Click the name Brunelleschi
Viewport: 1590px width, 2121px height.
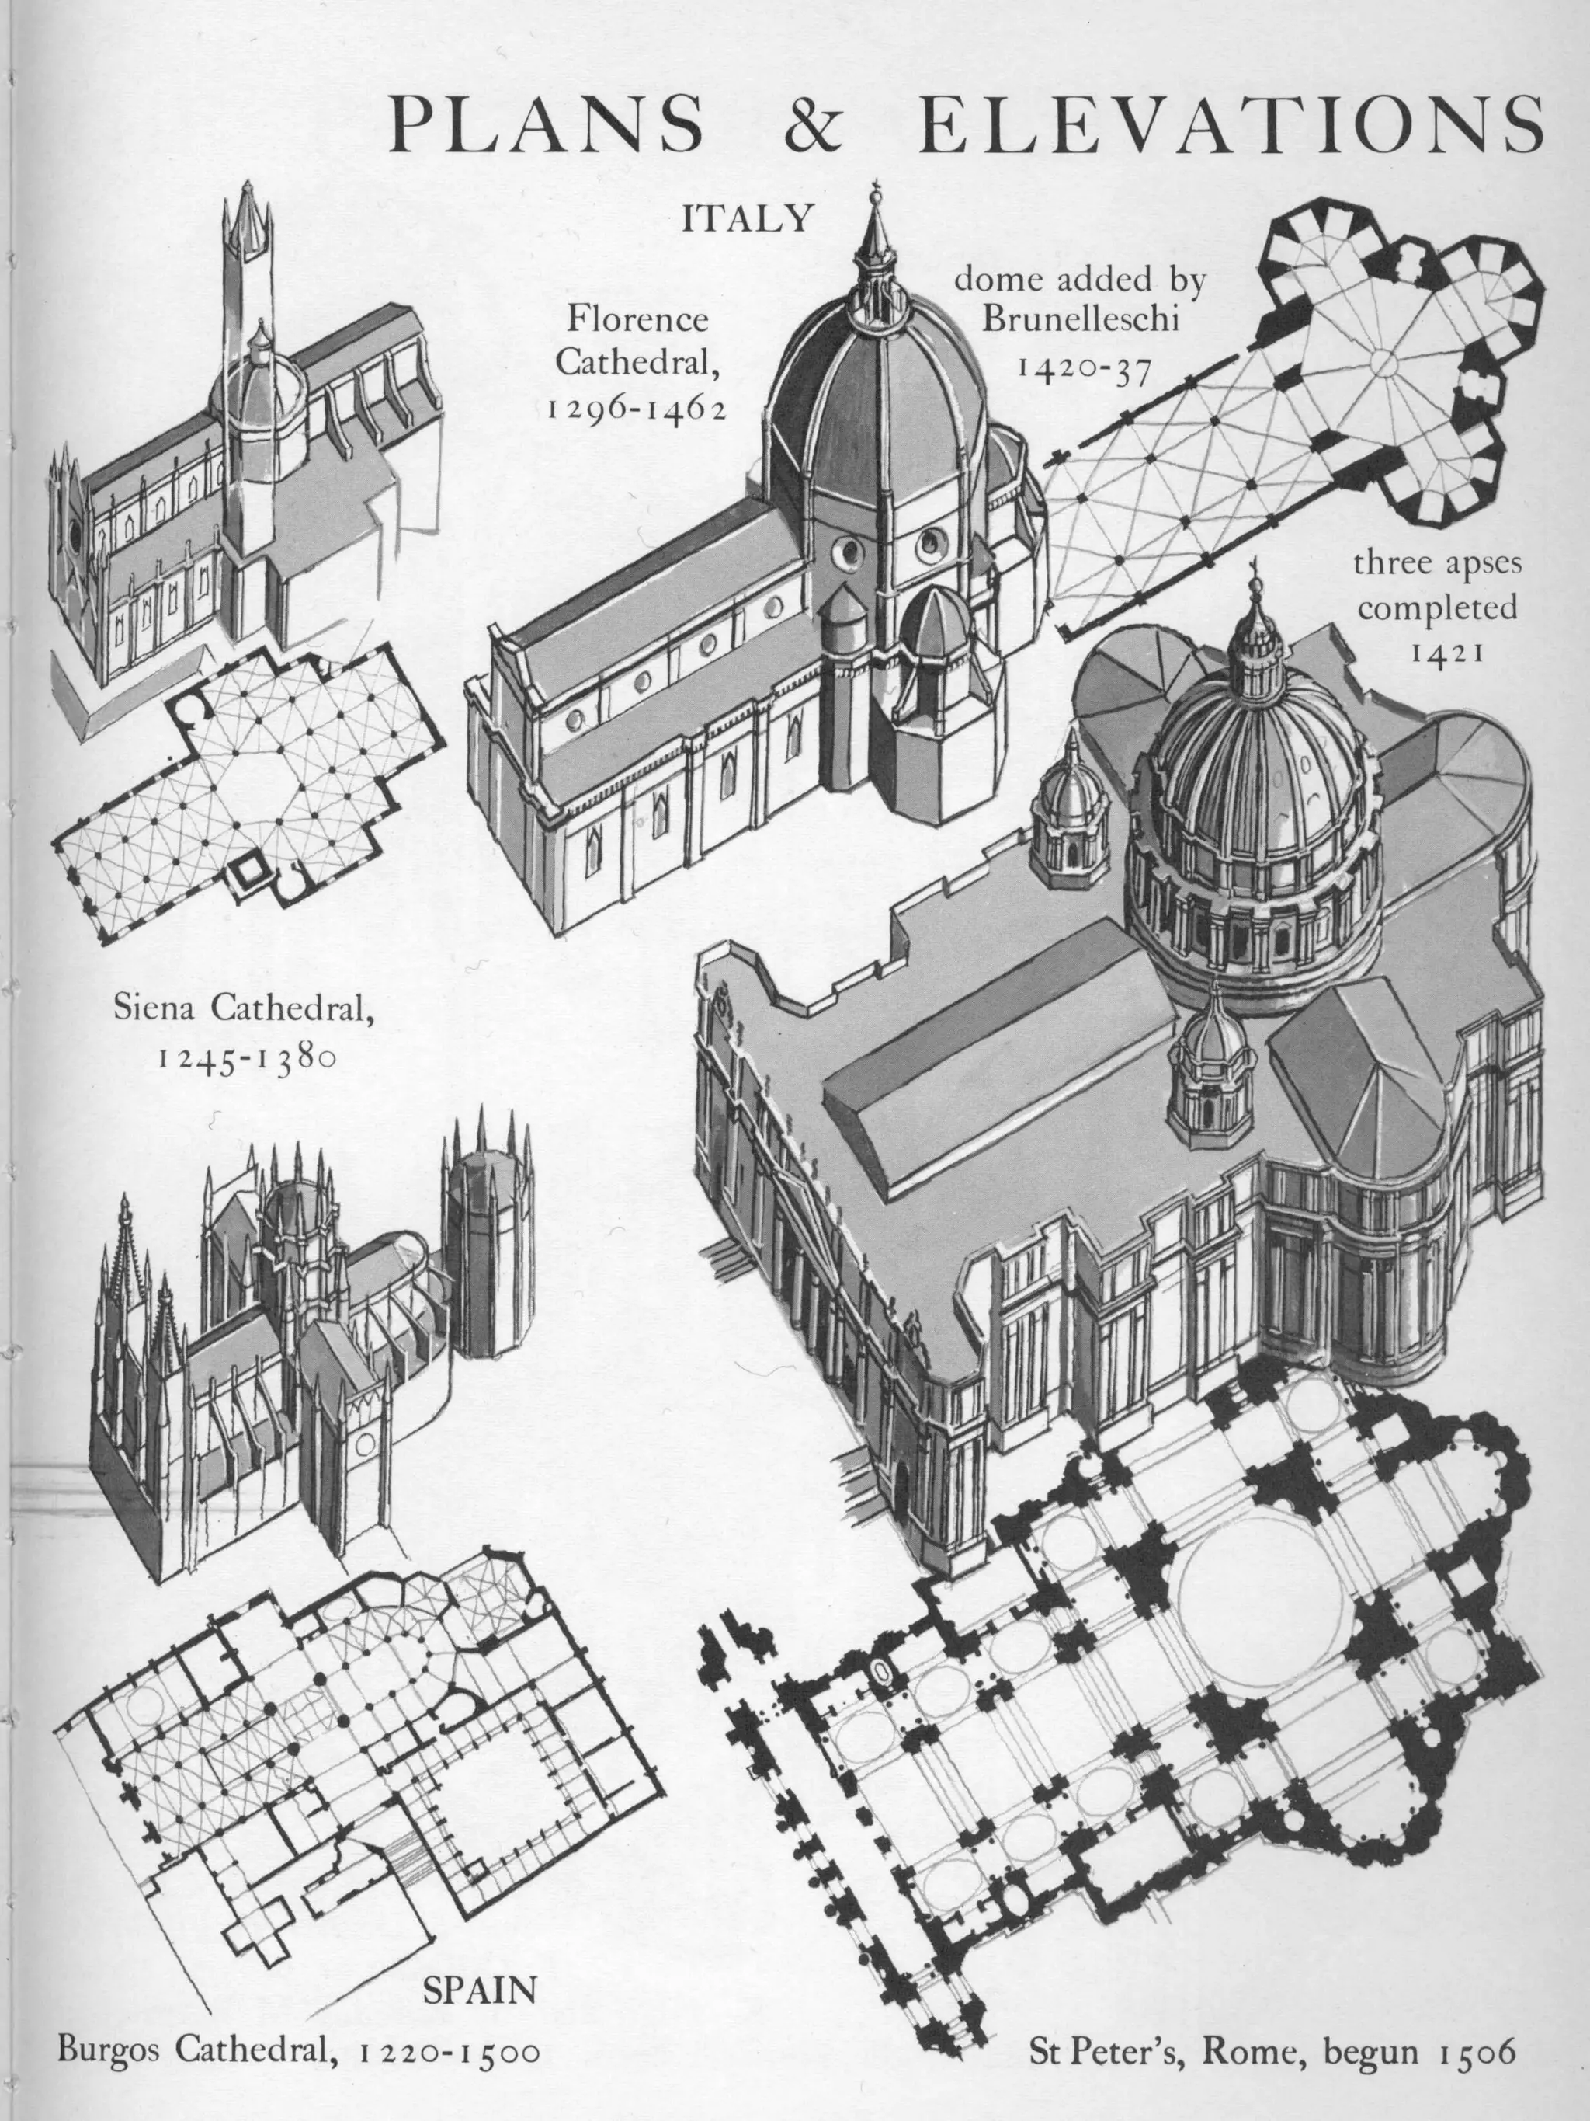point(1080,319)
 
